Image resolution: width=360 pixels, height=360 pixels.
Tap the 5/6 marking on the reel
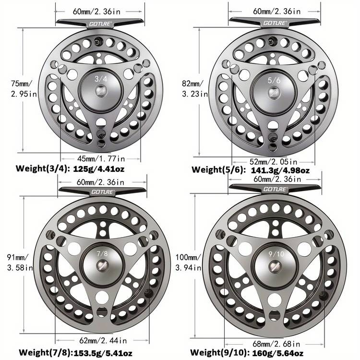[x=274, y=80]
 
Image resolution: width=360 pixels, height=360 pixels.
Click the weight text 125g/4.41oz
[x=108, y=168]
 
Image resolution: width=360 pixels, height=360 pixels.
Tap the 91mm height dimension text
[x=20, y=257]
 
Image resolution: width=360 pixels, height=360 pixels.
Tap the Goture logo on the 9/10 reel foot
[x=275, y=189]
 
